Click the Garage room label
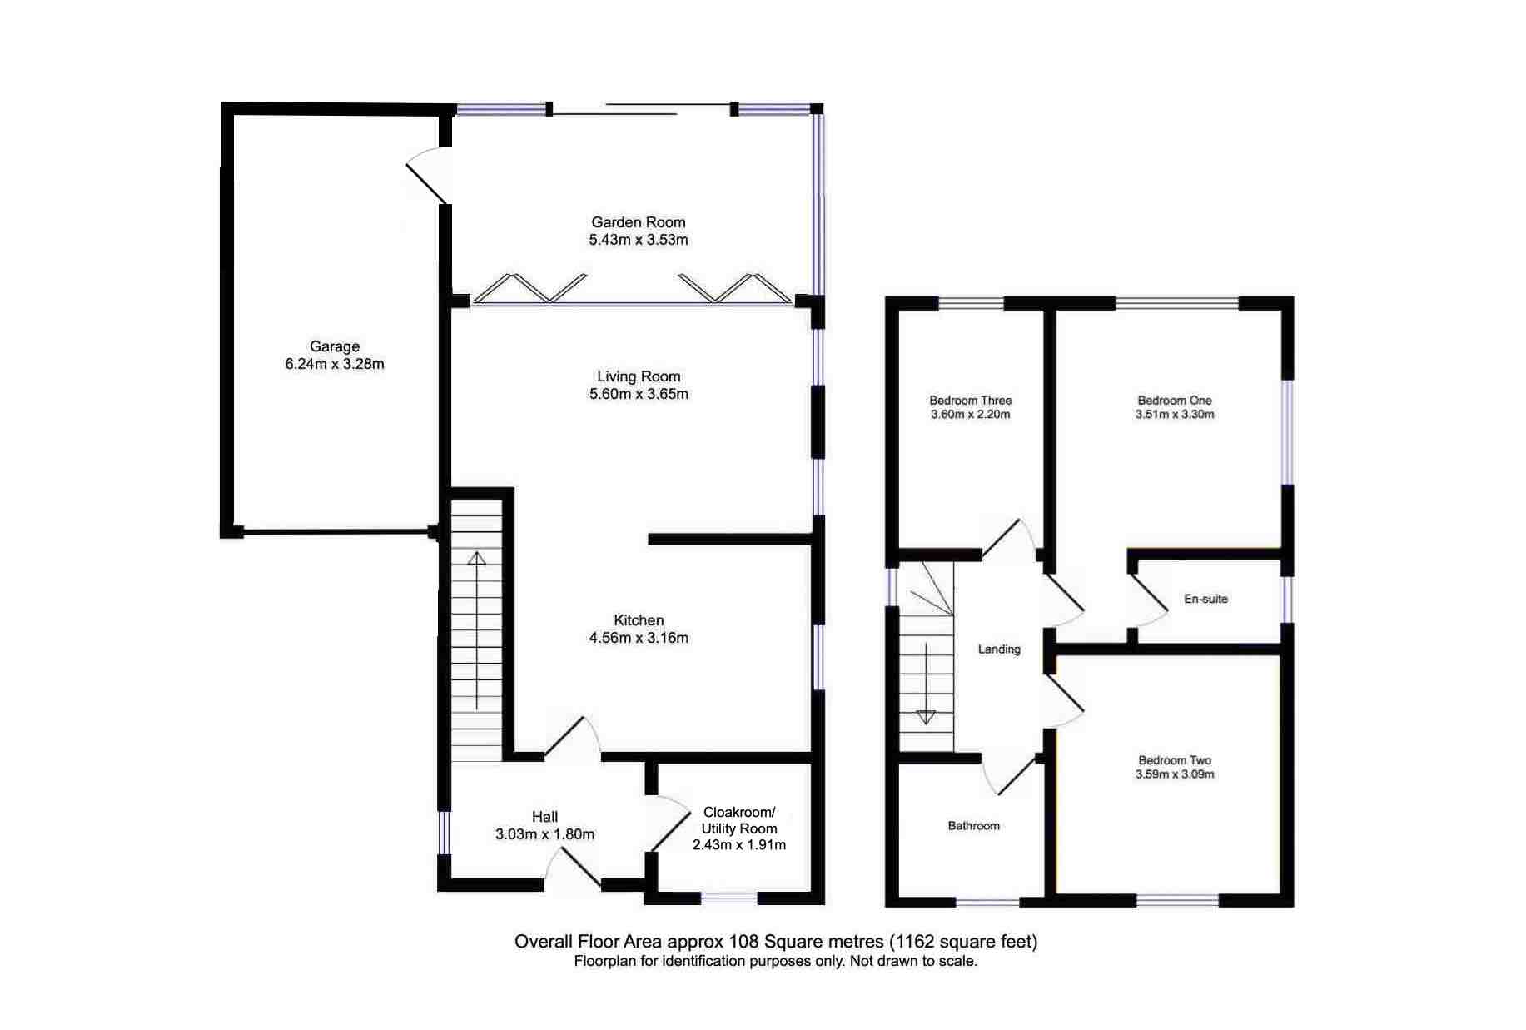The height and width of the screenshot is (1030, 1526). tap(334, 346)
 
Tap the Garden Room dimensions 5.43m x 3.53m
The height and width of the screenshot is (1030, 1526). tap(638, 240)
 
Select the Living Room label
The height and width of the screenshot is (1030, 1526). tap(638, 376)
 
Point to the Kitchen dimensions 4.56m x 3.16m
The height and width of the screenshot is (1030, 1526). tap(638, 638)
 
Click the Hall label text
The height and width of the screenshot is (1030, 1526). tap(544, 817)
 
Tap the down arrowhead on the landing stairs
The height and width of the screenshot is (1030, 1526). tap(925, 716)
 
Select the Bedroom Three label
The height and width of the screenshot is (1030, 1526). tap(970, 401)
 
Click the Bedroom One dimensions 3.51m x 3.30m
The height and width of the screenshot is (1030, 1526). tap(1174, 414)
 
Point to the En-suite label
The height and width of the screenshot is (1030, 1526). tap(1205, 599)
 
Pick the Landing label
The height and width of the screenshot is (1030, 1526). tap(998, 649)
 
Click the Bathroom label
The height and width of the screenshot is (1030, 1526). tap(972, 826)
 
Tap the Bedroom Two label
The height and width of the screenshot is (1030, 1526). tap(1174, 760)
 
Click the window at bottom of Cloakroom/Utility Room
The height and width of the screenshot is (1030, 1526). tap(728, 898)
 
